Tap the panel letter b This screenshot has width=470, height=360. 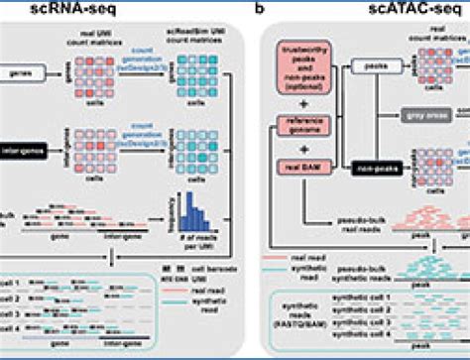pyautogui.click(x=260, y=9)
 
